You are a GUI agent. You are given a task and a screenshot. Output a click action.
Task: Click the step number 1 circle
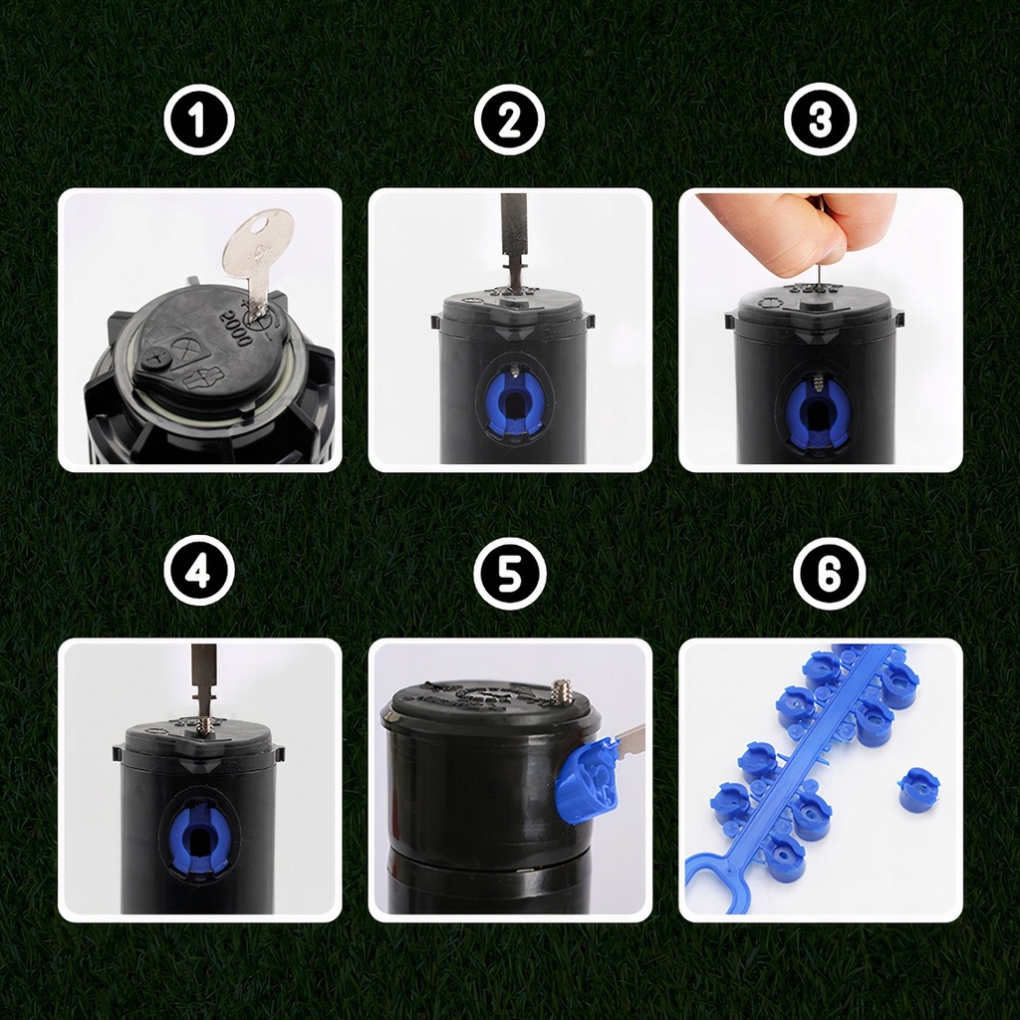click(x=199, y=120)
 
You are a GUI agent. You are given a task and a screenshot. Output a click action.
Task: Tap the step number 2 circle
click(x=509, y=120)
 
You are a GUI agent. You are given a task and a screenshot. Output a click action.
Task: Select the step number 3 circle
click(x=820, y=120)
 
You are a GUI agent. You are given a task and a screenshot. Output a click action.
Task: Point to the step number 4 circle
click(x=199, y=571)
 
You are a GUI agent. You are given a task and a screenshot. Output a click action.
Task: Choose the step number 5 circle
click(x=509, y=573)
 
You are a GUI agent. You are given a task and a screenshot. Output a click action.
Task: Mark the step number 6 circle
click(x=830, y=574)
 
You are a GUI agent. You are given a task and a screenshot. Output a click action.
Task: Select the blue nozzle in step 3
click(x=819, y=414)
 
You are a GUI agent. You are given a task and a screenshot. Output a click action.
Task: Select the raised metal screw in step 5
click(x=561, y=691)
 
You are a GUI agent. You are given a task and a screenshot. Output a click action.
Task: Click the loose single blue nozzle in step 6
click(x=918, y=786)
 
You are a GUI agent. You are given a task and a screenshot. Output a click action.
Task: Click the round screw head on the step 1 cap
click(x=156, y=358)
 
